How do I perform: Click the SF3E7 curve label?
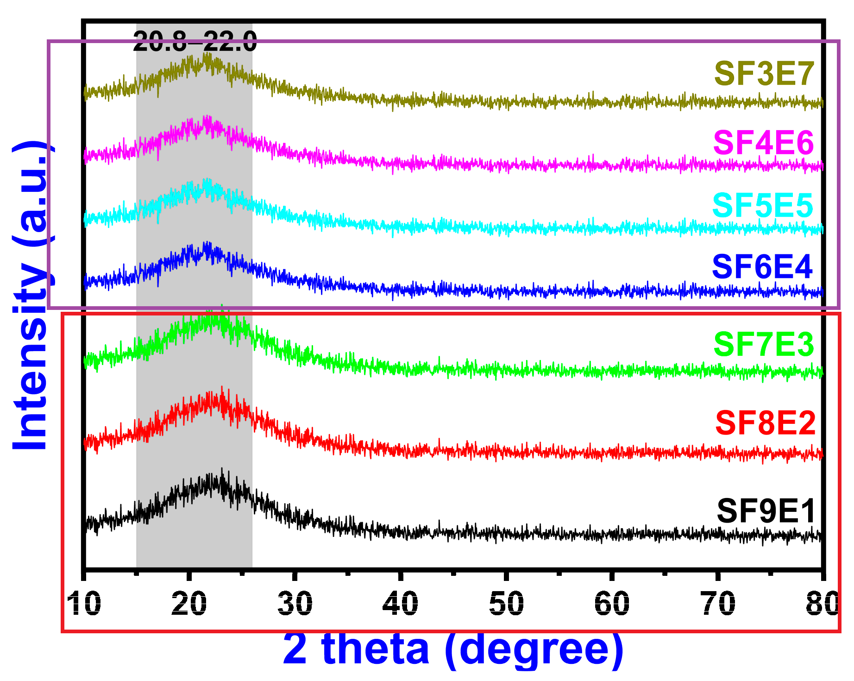(764, 74)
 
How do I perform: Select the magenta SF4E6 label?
(763, 142)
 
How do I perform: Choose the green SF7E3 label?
(764, 345)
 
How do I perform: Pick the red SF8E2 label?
(765, 423)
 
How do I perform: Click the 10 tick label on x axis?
(84, 603)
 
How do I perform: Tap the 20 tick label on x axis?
(189, 603)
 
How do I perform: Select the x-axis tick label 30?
(295, 603)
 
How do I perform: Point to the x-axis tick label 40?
(401, 603)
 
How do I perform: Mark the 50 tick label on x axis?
(506, 603)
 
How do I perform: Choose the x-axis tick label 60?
(612, 603)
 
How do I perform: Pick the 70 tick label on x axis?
(718, 603)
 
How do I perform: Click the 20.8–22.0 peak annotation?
(195, 42)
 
